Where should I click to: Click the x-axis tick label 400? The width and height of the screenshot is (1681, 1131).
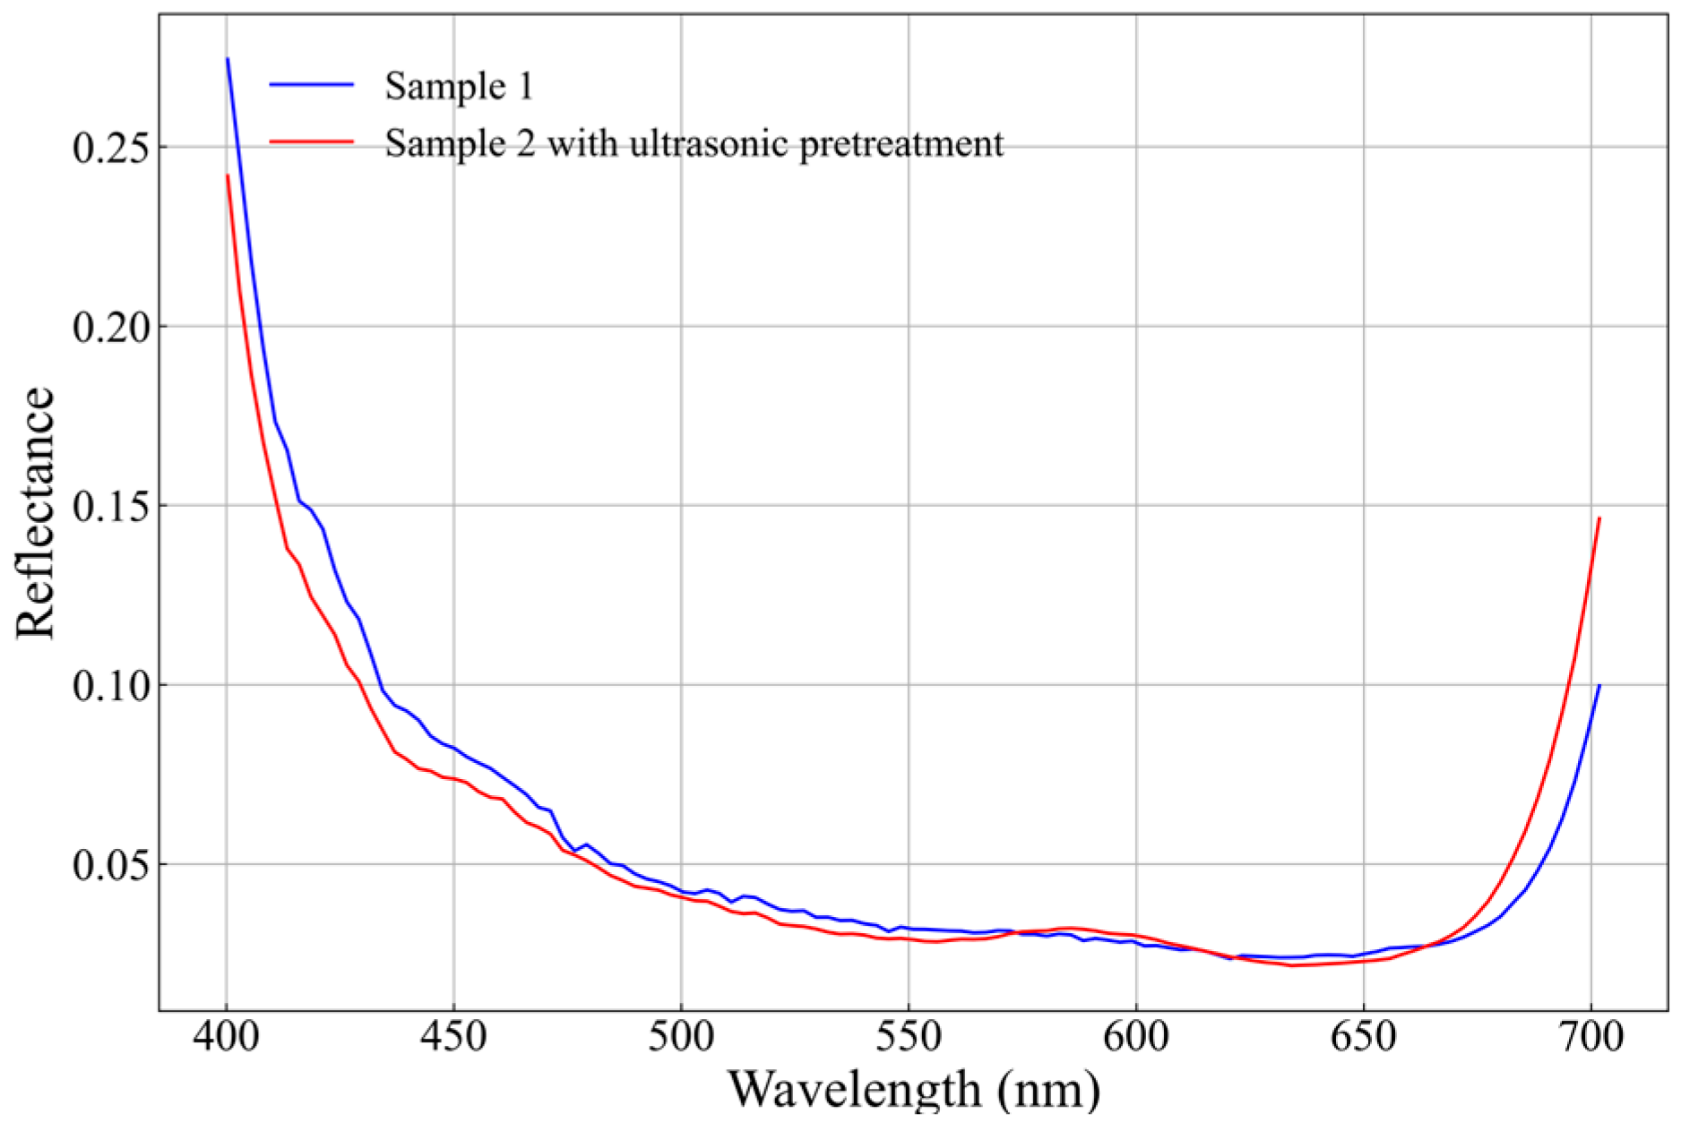pos(226,1037)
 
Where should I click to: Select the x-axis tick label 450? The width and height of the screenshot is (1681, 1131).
pos(453,1037)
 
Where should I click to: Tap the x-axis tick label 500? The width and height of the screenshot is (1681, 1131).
pos(681,1037)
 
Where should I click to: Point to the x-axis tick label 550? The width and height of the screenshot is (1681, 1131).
pos(909,1037)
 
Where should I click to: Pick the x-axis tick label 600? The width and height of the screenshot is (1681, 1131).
pos(1136,1037)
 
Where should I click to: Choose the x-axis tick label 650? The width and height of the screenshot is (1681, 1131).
pos(1364,1037)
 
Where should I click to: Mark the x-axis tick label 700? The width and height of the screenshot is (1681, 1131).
pos(1591,1037)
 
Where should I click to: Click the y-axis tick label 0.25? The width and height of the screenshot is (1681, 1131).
pos(109,148)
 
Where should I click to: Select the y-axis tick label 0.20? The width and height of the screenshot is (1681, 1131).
pos(109,327)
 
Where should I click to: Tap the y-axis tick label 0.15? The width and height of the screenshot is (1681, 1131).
pos(109,507)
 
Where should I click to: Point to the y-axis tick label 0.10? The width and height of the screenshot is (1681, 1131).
pos(109,686)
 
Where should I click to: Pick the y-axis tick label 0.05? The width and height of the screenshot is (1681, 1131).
pos(109,865)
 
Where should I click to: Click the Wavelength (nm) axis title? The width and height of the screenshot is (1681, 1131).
pos(914,1090)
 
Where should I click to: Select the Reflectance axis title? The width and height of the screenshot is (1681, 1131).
pos(36,512)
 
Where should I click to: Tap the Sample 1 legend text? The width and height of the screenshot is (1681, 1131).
pos(459,86)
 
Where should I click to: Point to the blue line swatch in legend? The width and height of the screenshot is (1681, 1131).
pos(312,85)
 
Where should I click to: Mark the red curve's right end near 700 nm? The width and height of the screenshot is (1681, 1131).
pos(1599,519)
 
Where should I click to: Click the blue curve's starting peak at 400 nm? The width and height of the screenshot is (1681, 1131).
pos(228,60)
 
